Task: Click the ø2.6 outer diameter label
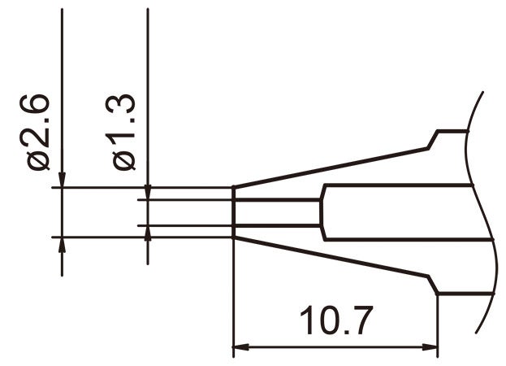click(38, 134)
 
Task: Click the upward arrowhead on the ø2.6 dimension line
click(62, 246)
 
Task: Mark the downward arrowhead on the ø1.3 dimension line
click(147, 191)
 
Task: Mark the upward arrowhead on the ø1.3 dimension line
click(147, 233)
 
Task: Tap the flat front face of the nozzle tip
click(234, 212)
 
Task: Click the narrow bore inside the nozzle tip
click(276, 212)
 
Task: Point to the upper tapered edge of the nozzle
click(333, 167)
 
